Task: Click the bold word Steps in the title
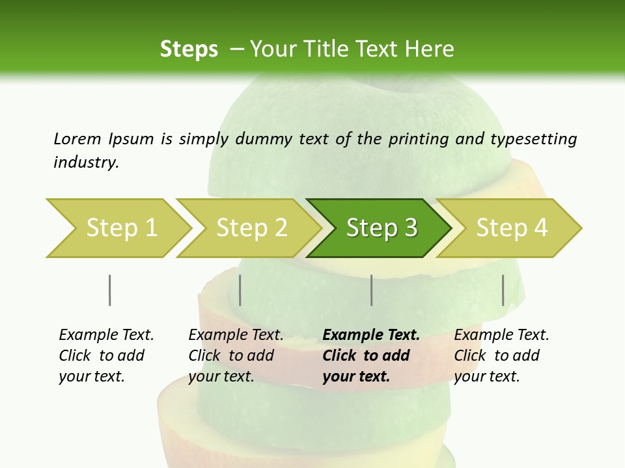(x=189, y=49)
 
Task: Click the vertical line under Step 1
(x=109, y=290)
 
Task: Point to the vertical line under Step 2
(x=240, y=290)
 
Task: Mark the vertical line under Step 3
(x=371, y=290)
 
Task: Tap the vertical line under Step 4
(x=503, y=290)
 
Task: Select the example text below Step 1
(x=106, y=356)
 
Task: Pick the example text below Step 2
(x=236, y=356)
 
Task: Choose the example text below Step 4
(x=501, y=356)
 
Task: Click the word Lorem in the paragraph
(x=77, y=139)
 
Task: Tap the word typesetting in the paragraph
(x=533, y=139)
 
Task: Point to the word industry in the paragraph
(x=86, y=162)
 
